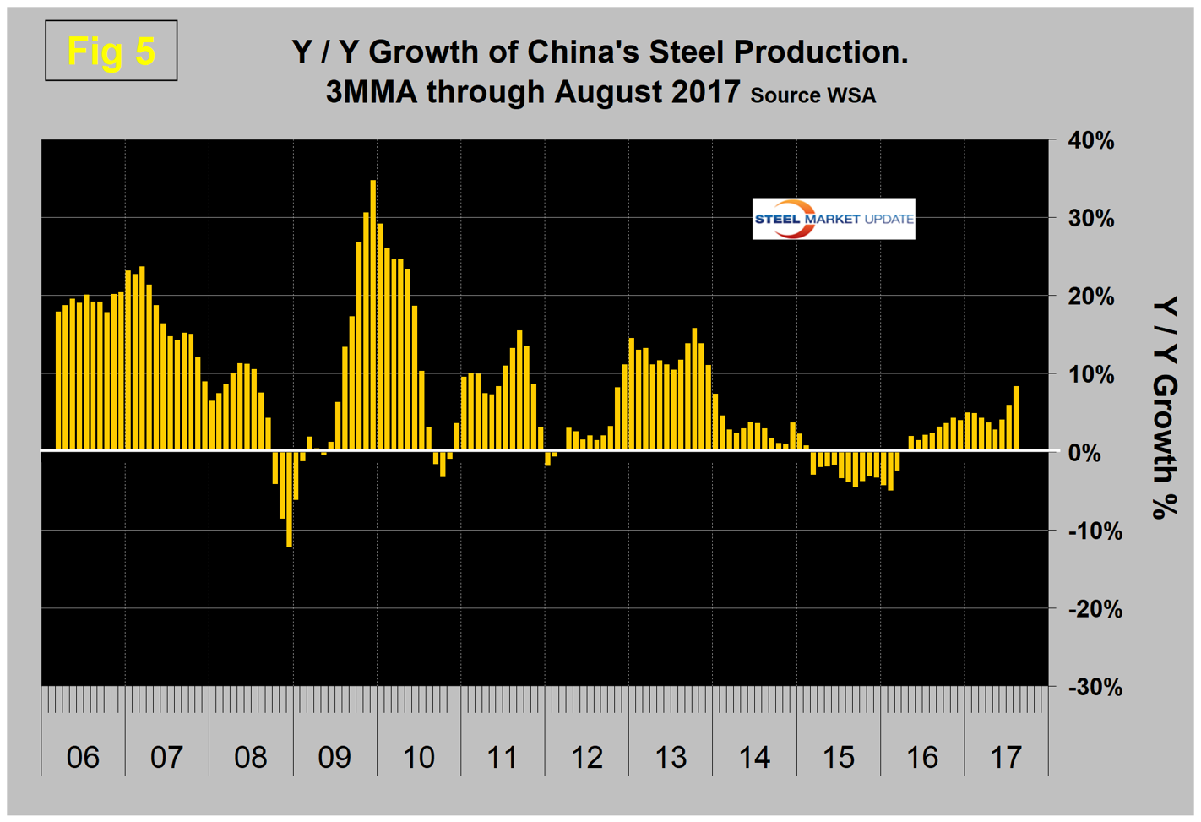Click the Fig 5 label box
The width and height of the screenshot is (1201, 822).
(111, 51)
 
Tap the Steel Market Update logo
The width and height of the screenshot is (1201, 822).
(833, 219)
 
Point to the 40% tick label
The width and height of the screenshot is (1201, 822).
(1091, 141)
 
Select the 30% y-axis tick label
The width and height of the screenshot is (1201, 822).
(1091, 219)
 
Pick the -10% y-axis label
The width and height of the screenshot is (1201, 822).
(1095, 531)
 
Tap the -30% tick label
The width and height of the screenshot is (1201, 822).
(1095, 688)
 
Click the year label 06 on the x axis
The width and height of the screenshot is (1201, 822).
(83, 757)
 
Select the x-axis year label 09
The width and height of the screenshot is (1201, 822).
(334, 757)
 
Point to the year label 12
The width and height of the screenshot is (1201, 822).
(586, 757)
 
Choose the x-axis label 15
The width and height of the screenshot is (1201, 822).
(838, 757)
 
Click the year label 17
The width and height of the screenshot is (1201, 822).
(1005, 757)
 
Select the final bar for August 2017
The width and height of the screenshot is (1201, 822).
(1016, 418)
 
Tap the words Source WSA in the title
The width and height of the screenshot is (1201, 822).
(812, 95)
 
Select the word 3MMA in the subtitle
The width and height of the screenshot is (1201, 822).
(372, 91)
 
